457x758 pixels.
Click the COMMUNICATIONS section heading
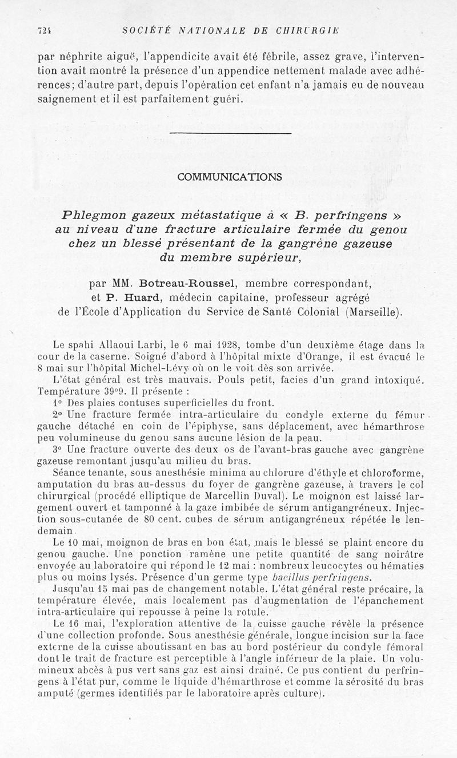(x=230, y=177)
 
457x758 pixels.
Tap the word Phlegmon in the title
(x=94, y=216)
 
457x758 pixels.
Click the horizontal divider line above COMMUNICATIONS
(x=230, y=133)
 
